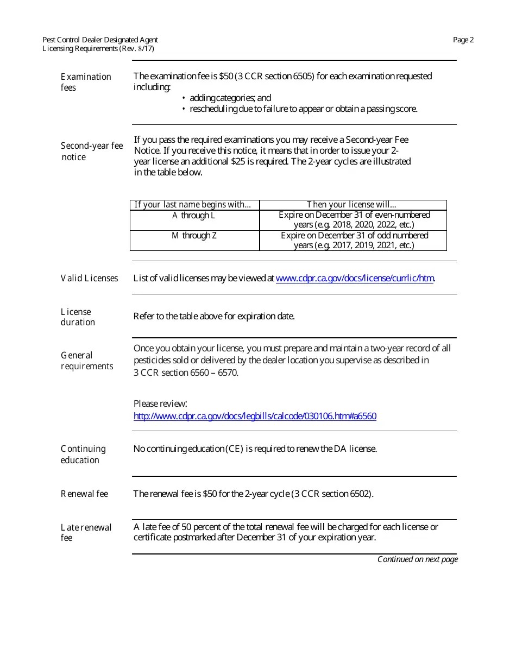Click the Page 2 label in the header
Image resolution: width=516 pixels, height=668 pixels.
[463, 40]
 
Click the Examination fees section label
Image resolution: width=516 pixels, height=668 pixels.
[85, 82]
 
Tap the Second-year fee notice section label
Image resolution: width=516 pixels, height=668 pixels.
[91, 152]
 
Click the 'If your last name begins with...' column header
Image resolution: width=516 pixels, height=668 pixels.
[193, 205]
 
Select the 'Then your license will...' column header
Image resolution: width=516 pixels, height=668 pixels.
[351, 205]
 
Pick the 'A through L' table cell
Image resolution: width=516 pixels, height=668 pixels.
[193, 216]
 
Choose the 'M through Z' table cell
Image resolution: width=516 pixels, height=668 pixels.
[194, 236]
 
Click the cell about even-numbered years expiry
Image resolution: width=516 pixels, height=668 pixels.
[354, 220]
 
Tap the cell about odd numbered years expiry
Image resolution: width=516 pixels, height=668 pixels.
[354, 240]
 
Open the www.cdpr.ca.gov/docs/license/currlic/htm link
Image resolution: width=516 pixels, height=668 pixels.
[355, 279]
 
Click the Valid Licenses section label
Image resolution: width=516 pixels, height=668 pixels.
[89, 279]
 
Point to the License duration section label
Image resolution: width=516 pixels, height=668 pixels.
[78, 317]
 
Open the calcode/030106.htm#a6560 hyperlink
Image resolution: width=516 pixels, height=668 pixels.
[255, 416]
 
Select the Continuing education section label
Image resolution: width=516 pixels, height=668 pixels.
[83, 455]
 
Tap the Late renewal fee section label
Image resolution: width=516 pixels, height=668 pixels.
[86, 532]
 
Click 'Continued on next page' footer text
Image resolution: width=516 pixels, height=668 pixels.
[417, 559]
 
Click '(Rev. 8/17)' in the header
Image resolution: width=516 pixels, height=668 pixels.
[136, 48]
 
